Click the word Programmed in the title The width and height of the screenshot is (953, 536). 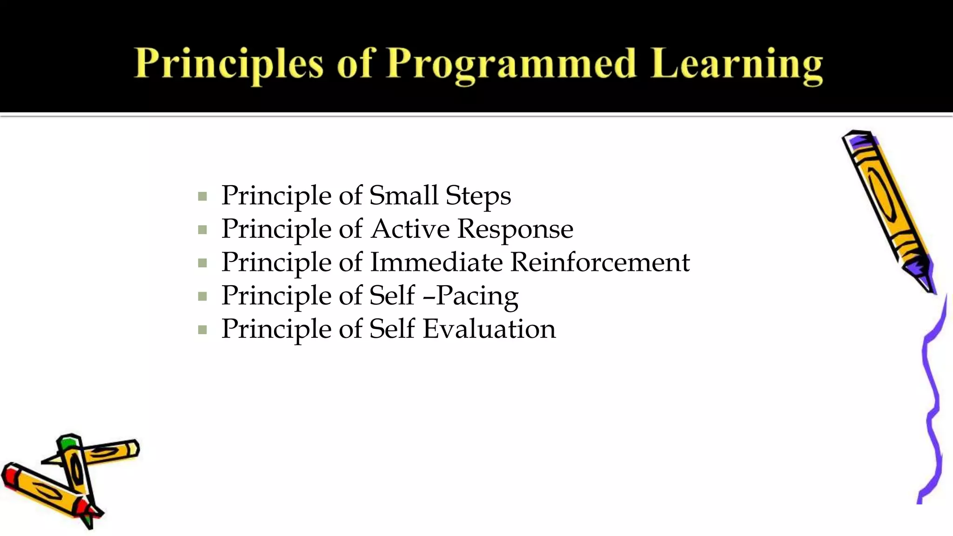pyautogui.click(x=511, y=65)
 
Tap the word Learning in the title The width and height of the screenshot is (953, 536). pyautogui.click(x=737, y=65)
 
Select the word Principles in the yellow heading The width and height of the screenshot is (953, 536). pyautogui.click(x=228, y=65)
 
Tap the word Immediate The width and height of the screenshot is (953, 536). pyautogui.click(x=436, y=262)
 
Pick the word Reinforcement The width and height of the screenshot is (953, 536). pyautogui.click(x=600, y=262)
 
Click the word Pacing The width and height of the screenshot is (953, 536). pyautogui.click(x=477, y=296)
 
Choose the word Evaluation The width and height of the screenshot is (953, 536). pyautogui.click(x=489, y=329)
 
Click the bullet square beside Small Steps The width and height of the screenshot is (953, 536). pyautogui.click(x=202, y=196)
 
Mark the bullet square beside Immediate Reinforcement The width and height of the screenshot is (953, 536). pyautogui.click(x=202, y=263)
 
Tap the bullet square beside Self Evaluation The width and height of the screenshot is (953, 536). pyautogui.click(x=202, y=330)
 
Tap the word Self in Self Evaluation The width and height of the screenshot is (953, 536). pyautogui.click(x=391, y=329)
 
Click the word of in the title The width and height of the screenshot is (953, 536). pyautogui.click(x=354, y=65)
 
